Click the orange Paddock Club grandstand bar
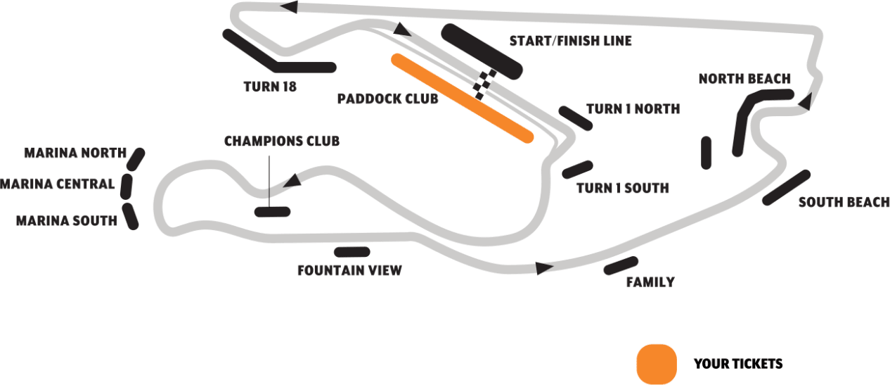tap(462, 99)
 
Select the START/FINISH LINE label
tap(571, 41)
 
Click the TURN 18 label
tap(270, 87)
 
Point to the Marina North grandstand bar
tap(136, 159)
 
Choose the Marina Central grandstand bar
tap(127, 186)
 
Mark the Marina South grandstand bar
tap(130, 216)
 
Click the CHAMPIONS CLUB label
tap(282, 141)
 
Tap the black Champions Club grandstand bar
tap(273, 212)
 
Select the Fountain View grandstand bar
tap(352, 252)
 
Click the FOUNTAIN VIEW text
tap(349, 270)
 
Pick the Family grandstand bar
tap(621, 265)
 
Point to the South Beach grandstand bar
tap(786, 188)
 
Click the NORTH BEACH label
tap(744, 79)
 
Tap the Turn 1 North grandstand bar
tap(576, 118)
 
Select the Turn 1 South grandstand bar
tap(578, 170)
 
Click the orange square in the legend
tap(657, 364)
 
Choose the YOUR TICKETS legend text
tap(738, 364)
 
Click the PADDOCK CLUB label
tap(388, 99)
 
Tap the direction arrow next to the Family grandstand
tap(544, 268)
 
